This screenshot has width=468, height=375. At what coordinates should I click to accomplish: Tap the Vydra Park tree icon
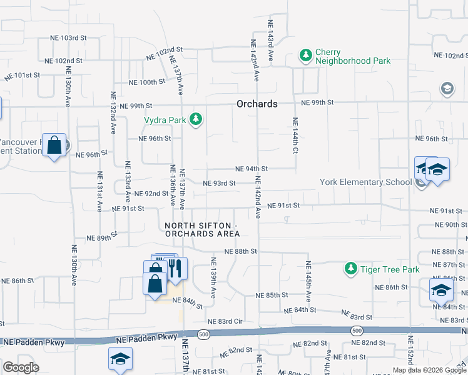tap(196, 119)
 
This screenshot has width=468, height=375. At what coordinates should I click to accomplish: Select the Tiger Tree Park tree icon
tap(350, 269)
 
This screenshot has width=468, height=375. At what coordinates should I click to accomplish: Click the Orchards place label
tap(257, 104)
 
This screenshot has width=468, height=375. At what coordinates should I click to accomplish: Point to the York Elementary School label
tap(365, 182)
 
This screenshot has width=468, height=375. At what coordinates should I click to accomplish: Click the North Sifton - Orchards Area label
tap(202, 229)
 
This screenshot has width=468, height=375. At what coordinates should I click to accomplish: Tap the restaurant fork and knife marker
tap(176, 268)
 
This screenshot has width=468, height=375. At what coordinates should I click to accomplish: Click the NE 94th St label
tap(252, 169)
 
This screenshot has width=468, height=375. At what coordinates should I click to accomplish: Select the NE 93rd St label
tap(219, 183)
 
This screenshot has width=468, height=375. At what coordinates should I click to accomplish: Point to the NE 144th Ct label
tap(294, 135)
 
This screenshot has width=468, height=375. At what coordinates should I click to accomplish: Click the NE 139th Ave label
tap(213, 277)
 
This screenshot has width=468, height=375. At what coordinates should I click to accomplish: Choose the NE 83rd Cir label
tap(225, 321)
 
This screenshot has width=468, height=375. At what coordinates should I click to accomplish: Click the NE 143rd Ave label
tap(271, 39)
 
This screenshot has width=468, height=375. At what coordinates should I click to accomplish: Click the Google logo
tap(21, 367)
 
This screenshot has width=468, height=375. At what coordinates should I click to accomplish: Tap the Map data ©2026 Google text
tap(428, 370)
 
